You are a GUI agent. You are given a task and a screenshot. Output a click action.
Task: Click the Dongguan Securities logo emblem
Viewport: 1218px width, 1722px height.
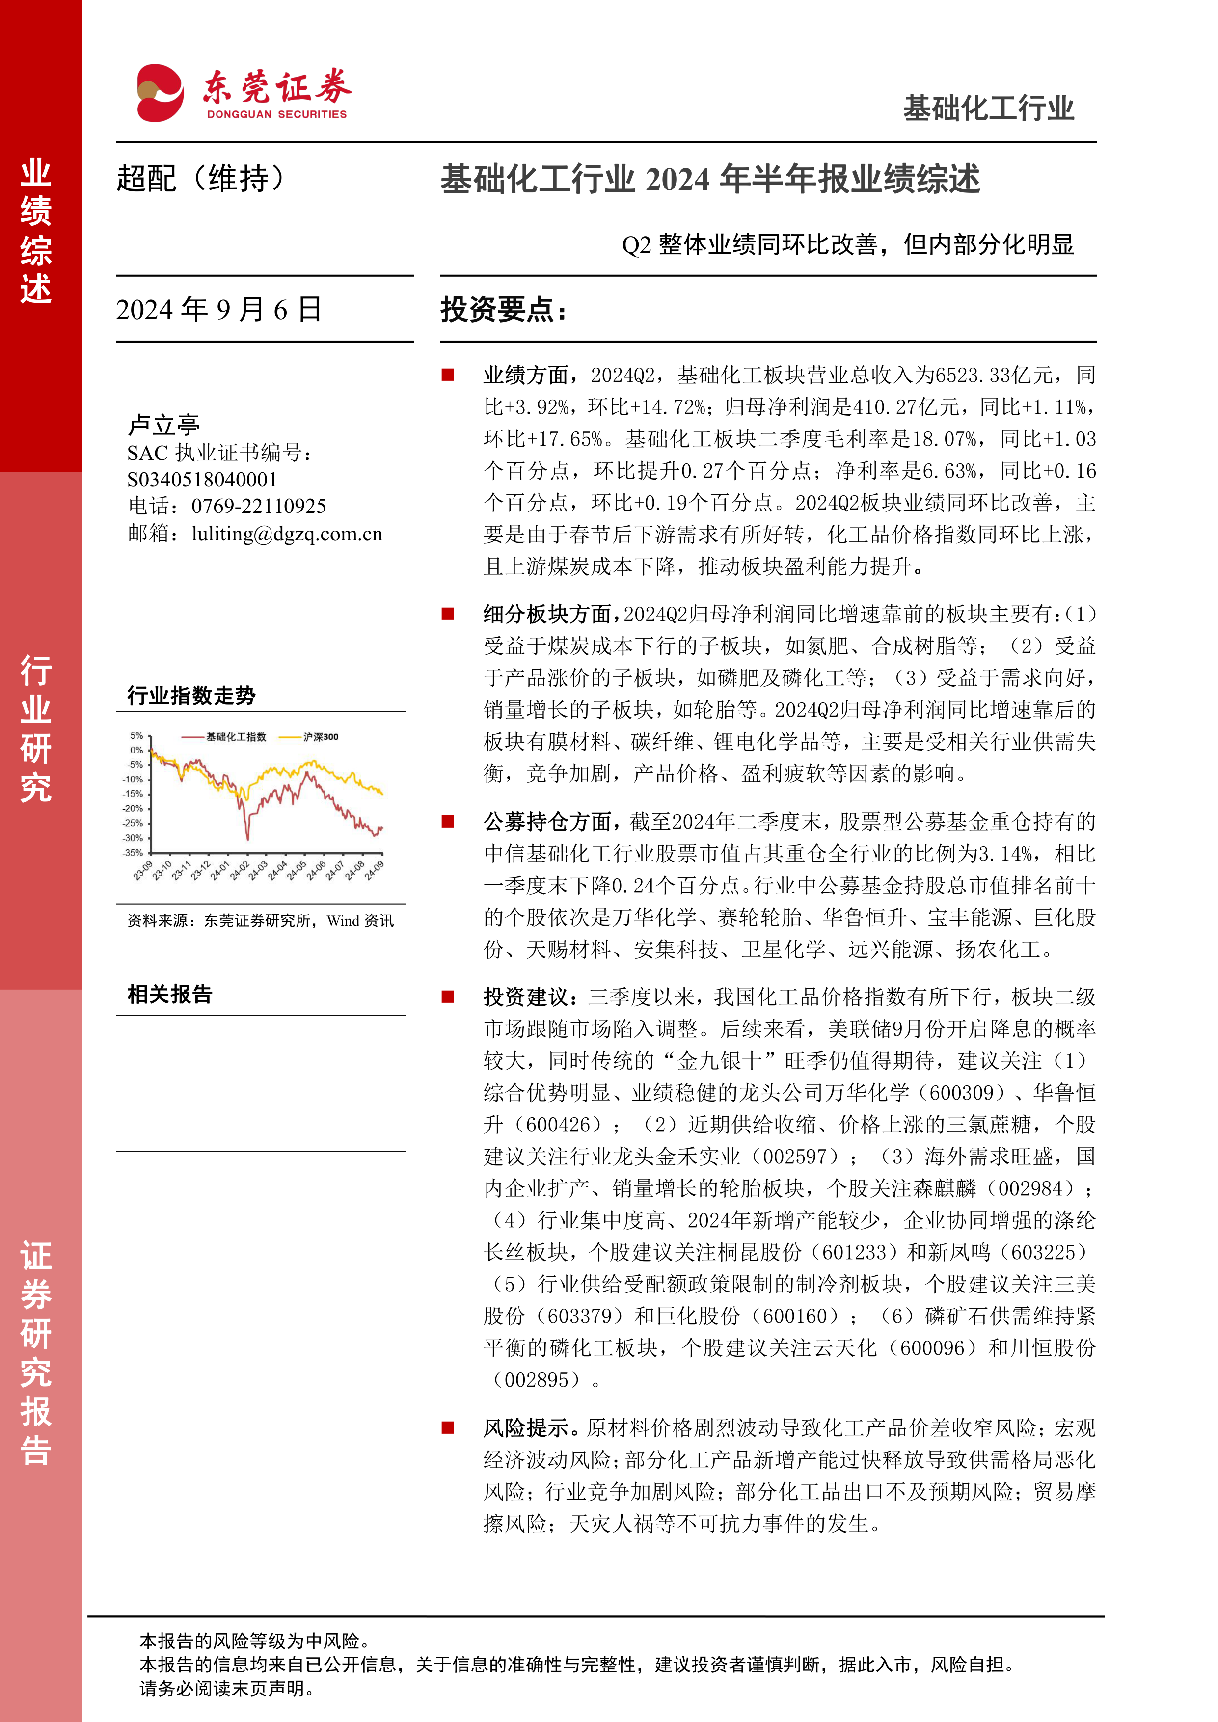coord(160,93)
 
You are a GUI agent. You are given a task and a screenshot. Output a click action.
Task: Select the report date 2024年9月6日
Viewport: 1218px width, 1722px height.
coord(218,309)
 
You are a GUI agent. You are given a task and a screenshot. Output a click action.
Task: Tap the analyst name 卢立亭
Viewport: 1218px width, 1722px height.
coord(163,425)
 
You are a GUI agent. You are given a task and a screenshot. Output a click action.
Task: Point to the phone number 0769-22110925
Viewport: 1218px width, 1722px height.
coord(258,506)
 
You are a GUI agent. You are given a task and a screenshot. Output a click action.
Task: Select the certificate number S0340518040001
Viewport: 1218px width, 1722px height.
coord(202,479)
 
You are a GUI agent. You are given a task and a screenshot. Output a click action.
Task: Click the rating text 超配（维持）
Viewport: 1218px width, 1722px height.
coord(201,179)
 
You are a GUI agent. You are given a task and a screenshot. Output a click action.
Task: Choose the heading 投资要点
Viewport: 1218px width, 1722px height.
coord(503,309)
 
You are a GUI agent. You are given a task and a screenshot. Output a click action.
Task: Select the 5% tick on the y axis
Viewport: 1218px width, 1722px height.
coord(136,736)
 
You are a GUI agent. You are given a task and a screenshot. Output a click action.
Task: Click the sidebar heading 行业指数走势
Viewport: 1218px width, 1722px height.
coord(191,695)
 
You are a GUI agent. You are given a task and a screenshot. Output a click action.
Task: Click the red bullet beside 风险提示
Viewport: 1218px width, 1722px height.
coord(448,1427)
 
